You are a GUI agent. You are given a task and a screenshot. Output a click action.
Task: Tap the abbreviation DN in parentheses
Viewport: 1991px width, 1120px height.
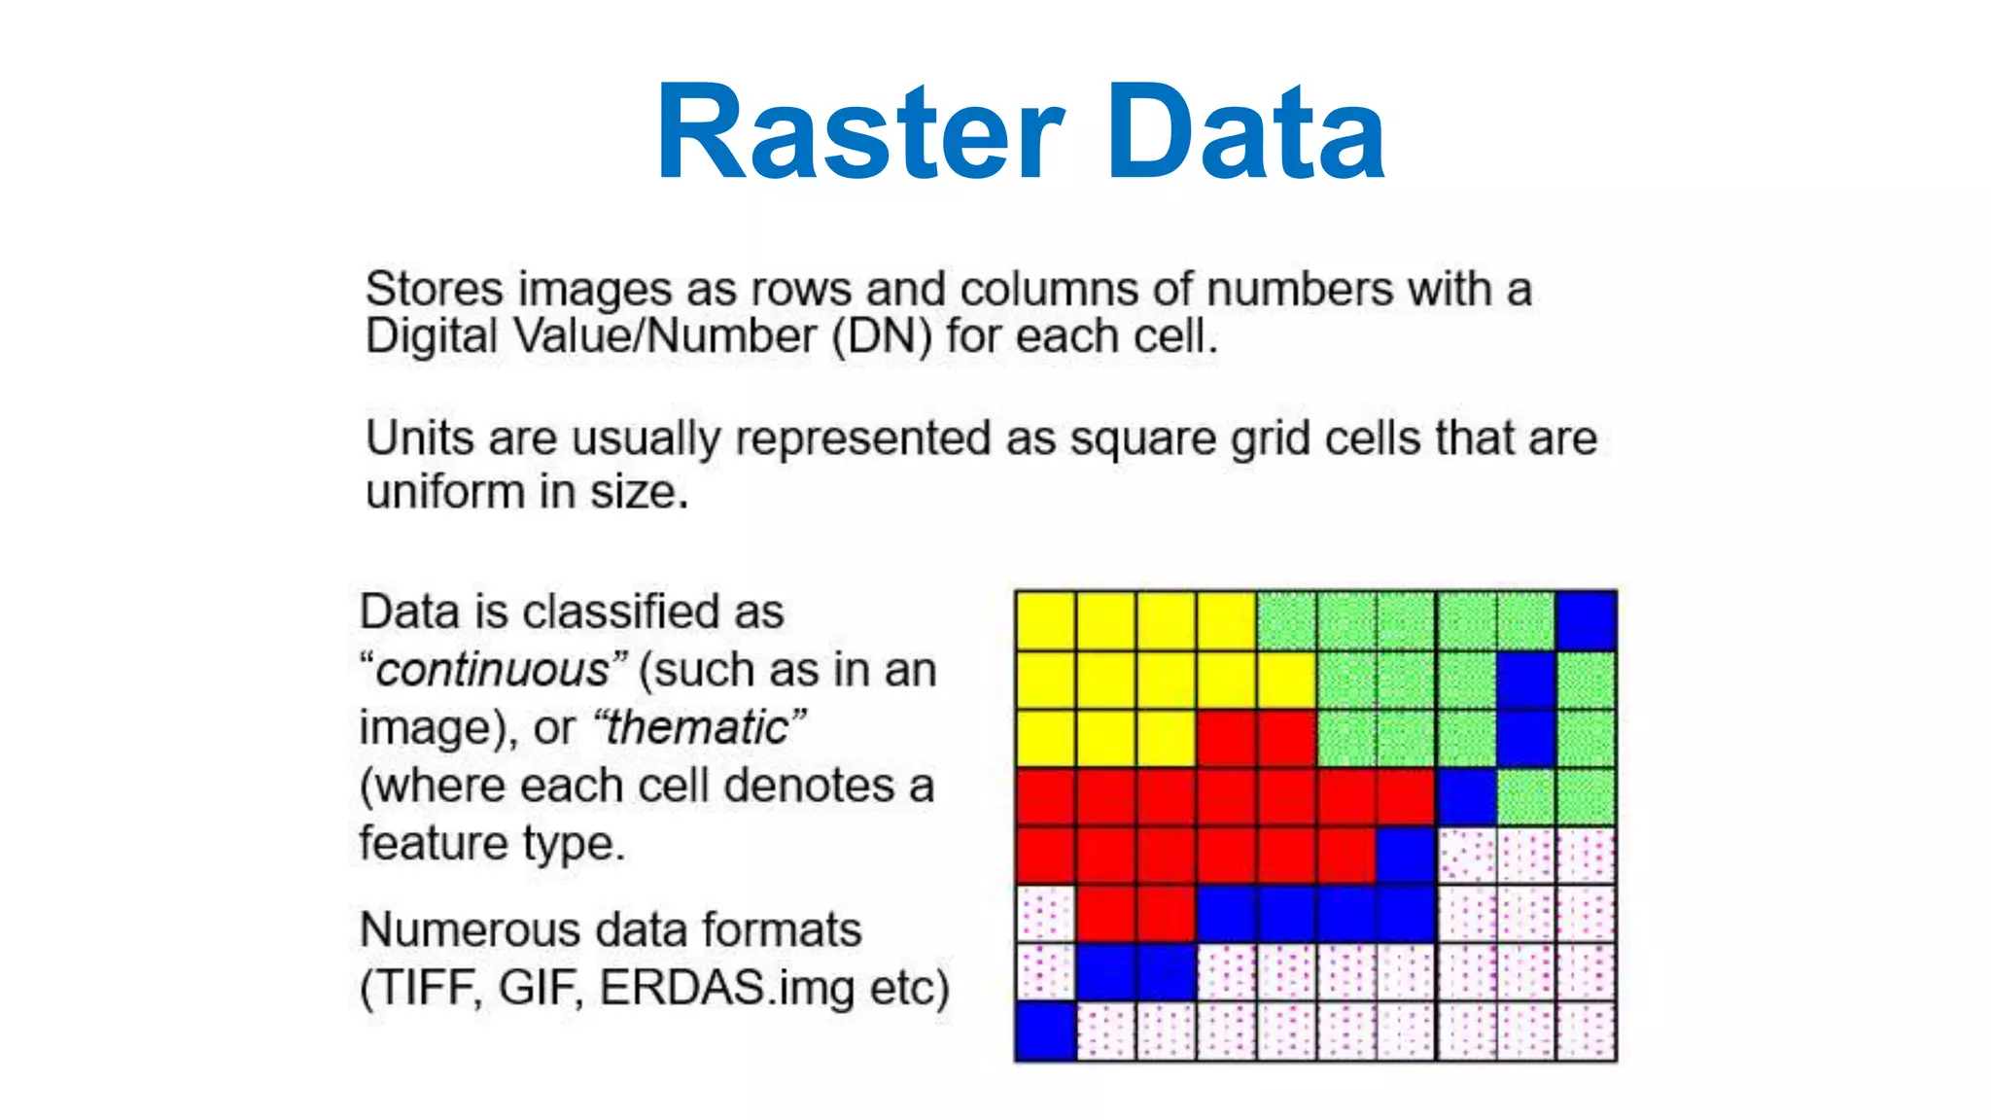882,336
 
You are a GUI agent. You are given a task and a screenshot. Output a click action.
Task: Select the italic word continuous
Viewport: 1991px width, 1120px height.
493,670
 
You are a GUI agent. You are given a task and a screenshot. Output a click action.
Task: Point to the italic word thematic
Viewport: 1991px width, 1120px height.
697,727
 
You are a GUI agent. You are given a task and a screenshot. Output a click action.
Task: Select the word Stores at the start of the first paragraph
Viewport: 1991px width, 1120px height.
434,289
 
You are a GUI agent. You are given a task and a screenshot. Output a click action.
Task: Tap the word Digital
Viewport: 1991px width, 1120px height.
431,336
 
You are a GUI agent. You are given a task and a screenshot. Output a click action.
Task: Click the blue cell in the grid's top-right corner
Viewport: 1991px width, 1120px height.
1586,620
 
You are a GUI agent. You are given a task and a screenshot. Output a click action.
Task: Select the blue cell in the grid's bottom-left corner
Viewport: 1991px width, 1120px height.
1045,1031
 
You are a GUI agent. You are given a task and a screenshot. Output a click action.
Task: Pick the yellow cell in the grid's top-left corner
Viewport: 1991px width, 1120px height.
1045,620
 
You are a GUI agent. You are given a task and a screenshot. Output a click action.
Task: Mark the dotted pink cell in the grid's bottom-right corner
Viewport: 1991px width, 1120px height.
1586,1031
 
